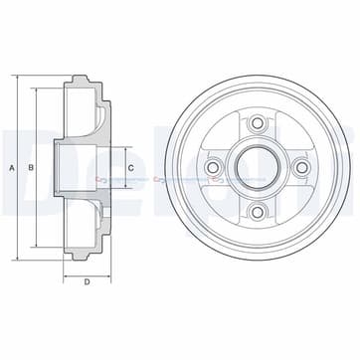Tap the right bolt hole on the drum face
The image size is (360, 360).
pos(301,168)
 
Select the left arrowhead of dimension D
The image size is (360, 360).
pos(66,270)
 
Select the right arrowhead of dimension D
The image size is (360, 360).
pos(110,270)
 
